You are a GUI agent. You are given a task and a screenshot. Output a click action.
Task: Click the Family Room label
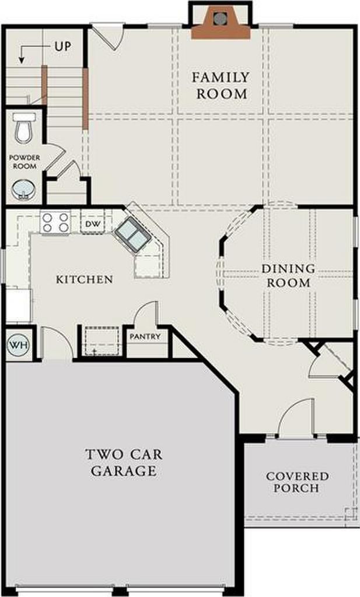coord(221,85)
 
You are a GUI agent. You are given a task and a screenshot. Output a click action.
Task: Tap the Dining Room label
coord(288,276)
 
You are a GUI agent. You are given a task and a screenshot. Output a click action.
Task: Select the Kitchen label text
coord(84,280)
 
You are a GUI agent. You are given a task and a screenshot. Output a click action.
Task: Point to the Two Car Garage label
coord(124,462)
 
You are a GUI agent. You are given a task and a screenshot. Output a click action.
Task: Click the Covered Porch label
coord(297,482)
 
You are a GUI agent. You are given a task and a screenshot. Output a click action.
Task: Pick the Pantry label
coord(145,337)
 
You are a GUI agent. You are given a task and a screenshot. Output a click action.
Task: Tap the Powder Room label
coord(23,162)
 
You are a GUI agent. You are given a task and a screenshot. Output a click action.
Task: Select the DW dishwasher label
coord(92,224)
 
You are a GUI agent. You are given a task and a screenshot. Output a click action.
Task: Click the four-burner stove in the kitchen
coord(55,223)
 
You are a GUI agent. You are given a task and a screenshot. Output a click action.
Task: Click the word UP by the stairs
coord(62,46)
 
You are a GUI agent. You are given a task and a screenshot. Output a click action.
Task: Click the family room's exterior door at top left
coord(109,34)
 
